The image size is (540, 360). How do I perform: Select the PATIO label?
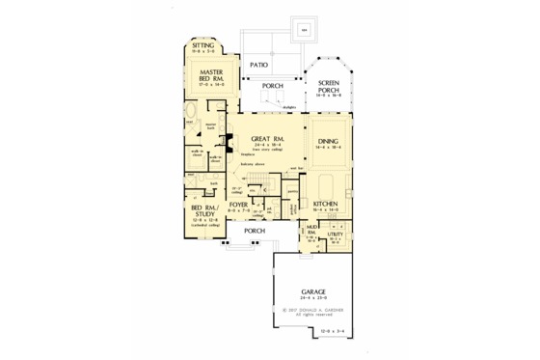(x=257, y=65)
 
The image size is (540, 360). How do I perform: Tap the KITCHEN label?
(x=325, y=205)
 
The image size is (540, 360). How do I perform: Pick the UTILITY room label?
(x=336, y=233)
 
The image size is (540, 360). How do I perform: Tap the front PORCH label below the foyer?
(x=255, y=232)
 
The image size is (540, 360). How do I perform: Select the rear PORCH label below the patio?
(x=273, y=85)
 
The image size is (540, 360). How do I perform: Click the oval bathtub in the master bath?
(x=190, y=124)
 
